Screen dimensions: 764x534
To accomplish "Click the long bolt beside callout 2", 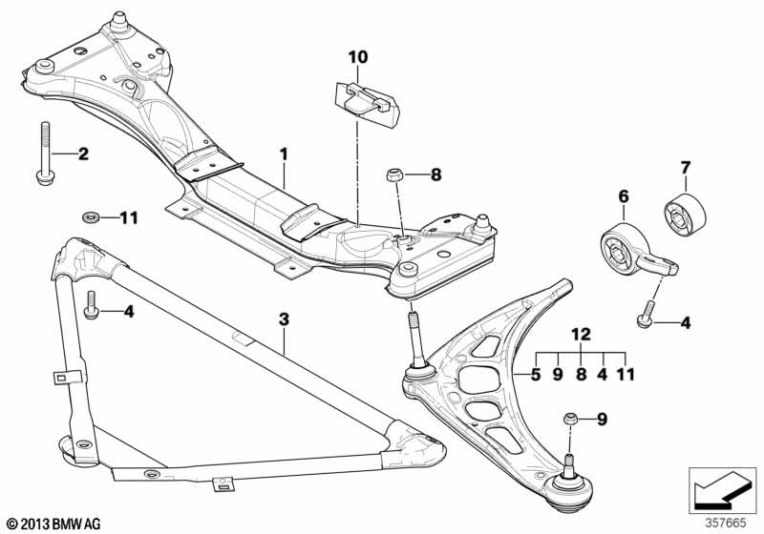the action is (x=45, y=153).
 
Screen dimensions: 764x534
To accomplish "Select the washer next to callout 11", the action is (x=91, y=216).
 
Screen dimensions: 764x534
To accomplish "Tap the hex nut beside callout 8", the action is (x=393, y=175).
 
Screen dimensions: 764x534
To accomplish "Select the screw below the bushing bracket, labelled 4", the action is (x=647, y=314).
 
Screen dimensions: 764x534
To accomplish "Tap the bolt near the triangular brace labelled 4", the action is (x=92, y=305).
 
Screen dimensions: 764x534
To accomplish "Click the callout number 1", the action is (x=284, y=155).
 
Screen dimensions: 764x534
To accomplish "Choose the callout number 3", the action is (x=284, y=319).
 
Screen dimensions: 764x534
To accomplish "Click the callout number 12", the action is (x=581, y=334).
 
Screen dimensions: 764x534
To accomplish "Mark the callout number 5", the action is (x=536, y=375).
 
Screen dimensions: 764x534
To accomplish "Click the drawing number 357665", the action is (x=725, y=524).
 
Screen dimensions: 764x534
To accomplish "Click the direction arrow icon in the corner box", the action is (x=722, y=490).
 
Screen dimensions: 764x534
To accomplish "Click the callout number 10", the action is (x=358, y=57).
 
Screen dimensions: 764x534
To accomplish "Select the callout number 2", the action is (x=83, y=154).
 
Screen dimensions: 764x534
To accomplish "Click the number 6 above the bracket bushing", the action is (x=624, y=196).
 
